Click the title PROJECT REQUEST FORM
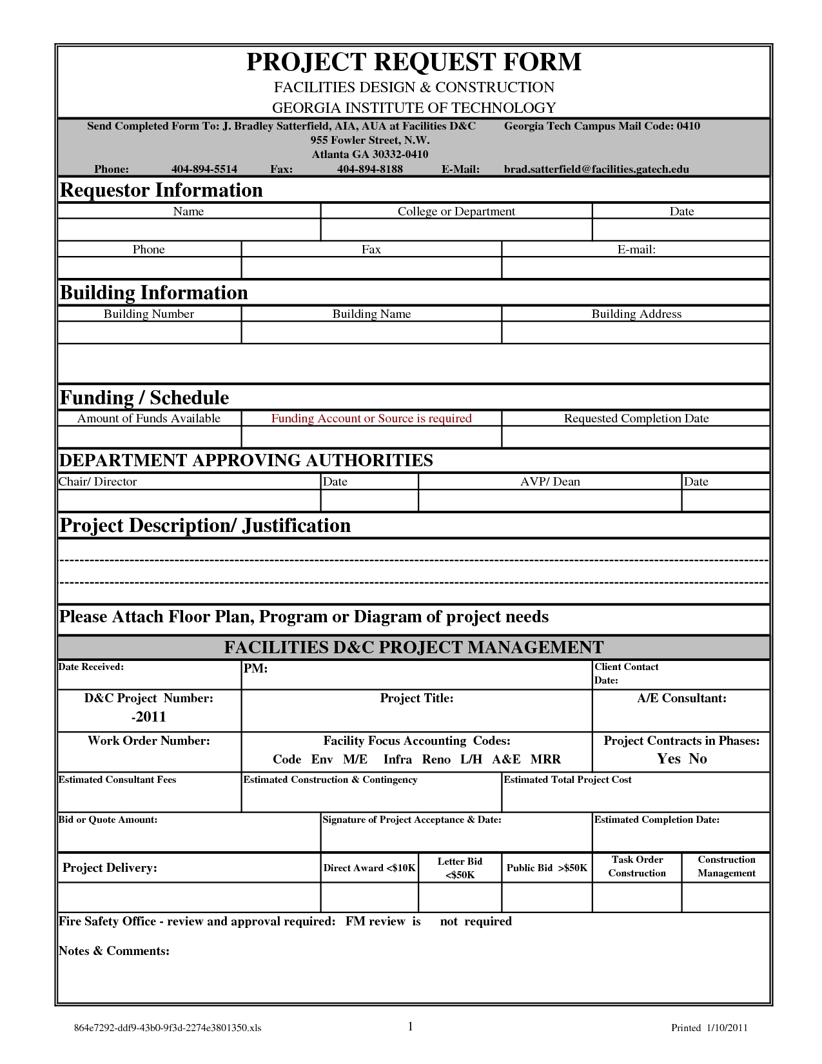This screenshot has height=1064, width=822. (414, 63)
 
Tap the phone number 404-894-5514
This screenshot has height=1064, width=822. (204, 170)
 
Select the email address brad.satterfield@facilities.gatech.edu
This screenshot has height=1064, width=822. (596, 170)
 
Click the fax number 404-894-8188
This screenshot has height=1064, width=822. (370, 170)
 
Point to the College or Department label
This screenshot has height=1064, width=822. (456, 212)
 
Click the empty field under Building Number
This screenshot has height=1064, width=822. (150, 333)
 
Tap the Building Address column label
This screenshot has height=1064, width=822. (636, 314)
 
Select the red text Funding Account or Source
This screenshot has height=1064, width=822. (371, 419)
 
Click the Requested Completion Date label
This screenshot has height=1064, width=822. (636, 419)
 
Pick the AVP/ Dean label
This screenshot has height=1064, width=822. (550, 482)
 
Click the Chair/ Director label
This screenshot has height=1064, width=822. (98, 482)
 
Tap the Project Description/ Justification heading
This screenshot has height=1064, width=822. (205, 526)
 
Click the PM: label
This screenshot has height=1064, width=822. (255, 669)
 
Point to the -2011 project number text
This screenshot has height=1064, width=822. (149, 717)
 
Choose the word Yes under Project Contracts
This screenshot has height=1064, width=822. (669, 759)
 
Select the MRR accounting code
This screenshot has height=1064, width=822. (545, 760)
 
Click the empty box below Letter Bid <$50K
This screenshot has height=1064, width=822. (460, 897)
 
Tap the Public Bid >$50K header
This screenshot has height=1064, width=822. (547, 868)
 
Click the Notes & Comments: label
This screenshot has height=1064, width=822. (114, 951)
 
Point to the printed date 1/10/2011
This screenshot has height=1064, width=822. (727, 1028)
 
